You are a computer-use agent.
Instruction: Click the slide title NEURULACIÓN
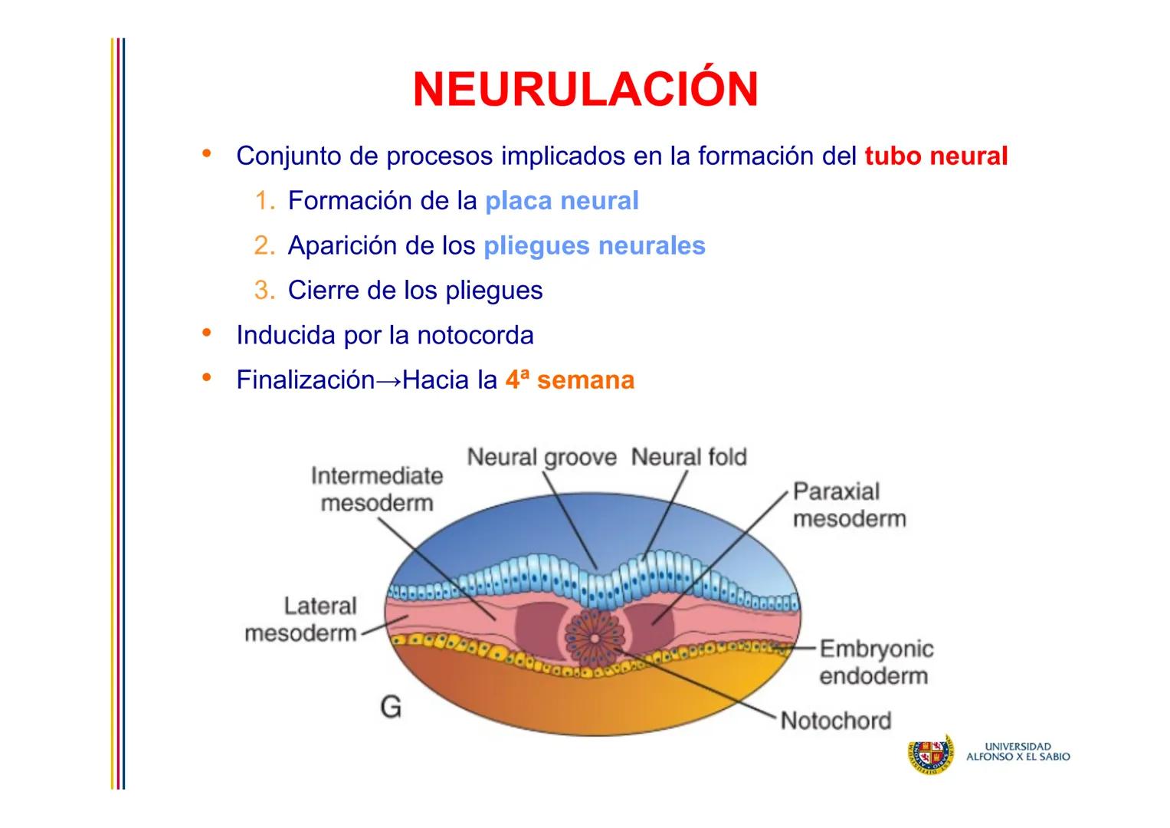(585, 90)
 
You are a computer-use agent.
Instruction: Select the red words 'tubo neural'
(936, 156)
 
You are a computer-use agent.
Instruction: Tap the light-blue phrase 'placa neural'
(562, 201)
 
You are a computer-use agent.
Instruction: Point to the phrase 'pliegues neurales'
(594, 246)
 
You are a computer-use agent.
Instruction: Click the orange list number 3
(264, 291)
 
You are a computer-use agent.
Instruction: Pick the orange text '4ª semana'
(569, 380)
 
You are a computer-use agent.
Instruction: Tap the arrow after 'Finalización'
(388, 381)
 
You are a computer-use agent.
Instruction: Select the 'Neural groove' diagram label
(541, 458)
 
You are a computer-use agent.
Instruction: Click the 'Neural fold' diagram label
(688, 458)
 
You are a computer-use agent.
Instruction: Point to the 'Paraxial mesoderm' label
(848, 505)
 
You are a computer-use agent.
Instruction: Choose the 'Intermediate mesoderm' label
(377, 489)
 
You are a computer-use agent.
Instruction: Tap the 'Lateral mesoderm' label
(301, 619)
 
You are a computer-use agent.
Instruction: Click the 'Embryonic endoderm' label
(876, 662)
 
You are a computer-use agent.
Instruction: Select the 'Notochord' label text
(835, 721)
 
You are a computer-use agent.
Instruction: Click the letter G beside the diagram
(391, 707)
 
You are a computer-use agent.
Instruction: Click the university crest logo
(930, 754)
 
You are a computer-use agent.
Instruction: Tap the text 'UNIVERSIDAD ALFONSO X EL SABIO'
(1018, 751)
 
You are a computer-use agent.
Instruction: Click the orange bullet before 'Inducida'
(205, 333)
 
